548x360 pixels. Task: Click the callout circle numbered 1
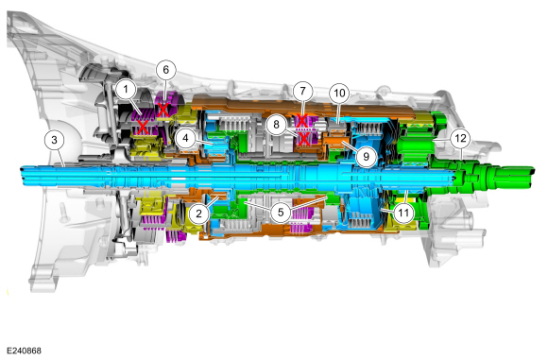click(126, 90)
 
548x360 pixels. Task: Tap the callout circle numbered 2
click(198, 213)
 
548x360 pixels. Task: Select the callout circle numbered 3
click(54, 140)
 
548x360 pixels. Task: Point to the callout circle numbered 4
click(185, 138)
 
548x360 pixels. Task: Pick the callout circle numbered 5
click(281, 213)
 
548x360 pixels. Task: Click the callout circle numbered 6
click(165, 70)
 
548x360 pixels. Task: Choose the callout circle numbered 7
click(302, 92)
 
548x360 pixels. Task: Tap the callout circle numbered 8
click(276, 124)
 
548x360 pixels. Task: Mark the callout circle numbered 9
click(366, 156)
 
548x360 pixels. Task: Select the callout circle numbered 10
click(339, 94)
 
